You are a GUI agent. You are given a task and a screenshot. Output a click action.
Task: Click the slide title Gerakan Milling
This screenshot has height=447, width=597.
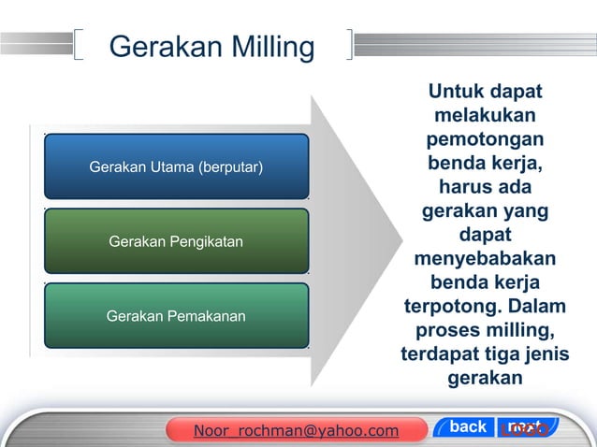211,46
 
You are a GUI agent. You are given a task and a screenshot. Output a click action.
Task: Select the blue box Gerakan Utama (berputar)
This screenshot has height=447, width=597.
176,167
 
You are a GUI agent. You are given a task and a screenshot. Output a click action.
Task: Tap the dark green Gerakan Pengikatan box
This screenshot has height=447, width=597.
176,242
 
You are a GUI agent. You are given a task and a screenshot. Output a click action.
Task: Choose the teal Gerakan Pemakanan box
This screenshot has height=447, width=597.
176,316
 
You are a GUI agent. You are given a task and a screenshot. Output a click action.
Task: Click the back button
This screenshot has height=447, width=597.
468,427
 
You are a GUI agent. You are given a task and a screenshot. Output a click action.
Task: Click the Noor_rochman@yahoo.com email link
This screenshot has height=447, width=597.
295,430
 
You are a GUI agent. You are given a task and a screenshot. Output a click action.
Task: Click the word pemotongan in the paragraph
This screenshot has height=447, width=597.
485,140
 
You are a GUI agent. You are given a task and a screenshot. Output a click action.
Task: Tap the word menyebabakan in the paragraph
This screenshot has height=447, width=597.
485,257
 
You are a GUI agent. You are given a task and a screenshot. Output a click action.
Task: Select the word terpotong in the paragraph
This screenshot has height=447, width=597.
447,307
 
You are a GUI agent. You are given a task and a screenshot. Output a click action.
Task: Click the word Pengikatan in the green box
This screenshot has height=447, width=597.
202,242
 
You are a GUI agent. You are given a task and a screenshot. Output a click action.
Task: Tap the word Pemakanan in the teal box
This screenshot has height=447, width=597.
205,316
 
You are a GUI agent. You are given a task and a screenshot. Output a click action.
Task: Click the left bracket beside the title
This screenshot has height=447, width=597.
79,44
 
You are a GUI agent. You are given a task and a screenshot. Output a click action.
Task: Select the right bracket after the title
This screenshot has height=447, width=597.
349,44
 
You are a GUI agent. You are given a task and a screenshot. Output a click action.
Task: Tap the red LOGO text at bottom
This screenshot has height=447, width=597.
524,430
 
